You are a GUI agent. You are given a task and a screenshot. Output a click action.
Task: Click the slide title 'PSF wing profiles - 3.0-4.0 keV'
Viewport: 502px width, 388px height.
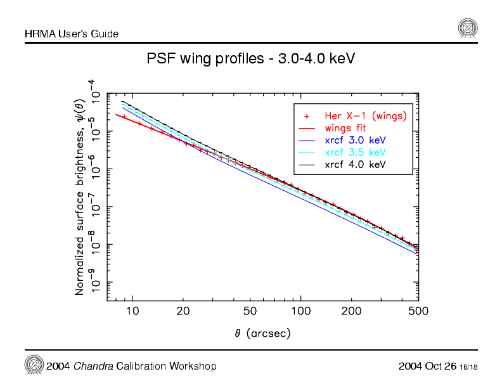click(x=250, y=59)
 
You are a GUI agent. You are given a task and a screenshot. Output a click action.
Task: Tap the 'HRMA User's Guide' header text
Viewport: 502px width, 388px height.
click(x=72, y=33)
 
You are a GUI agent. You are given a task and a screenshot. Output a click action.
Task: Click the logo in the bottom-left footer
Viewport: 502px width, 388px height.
click(x=33, y=365)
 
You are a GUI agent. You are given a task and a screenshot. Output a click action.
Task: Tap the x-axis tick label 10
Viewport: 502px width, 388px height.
click(x=132, y=311)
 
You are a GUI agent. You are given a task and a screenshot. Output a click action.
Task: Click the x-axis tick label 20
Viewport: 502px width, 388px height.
click(x=183, y=311)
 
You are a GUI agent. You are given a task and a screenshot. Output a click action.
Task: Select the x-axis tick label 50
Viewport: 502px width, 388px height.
click(x=250, y=311)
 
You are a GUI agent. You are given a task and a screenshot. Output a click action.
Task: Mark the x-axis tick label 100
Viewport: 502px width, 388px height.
click(x=301, y=311)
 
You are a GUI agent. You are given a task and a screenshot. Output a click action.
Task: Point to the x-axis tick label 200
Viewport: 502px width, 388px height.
click(x=352, y=311)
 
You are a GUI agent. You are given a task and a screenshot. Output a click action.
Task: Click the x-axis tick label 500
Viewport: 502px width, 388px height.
click(x=418, y=311)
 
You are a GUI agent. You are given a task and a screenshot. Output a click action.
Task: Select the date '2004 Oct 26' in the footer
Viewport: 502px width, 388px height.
click(x=427, y=366)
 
